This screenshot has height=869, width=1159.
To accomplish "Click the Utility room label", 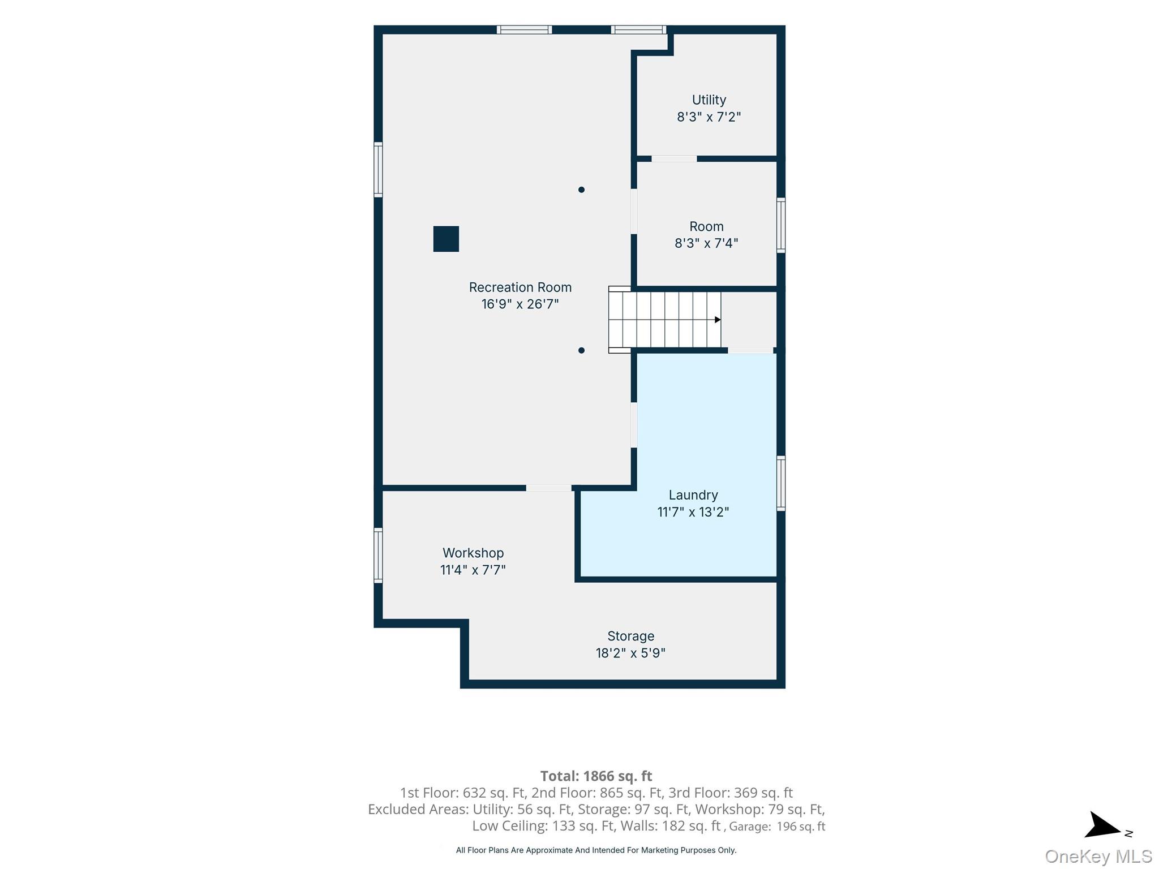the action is pos(709,100).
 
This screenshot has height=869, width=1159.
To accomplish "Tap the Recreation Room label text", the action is pos(520,287).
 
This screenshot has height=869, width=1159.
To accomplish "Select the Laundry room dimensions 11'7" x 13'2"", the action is pos(693,512).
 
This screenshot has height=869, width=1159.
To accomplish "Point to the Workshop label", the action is pos(473,553).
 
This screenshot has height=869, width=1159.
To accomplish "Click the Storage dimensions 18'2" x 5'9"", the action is pos(630,653).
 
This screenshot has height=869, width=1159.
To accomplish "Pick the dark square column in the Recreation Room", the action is pos(446,239).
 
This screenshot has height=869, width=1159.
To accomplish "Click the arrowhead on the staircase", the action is pos(718,320).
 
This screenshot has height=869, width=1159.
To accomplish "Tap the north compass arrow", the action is pos(1104,827).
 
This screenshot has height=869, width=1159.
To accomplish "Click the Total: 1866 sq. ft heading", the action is pos(596,776).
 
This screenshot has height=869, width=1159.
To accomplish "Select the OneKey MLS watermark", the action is pos(1098,856).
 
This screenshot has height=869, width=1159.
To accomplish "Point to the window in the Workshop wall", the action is pos(378,555).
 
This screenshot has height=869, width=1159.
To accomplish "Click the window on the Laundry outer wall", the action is pos(781,483).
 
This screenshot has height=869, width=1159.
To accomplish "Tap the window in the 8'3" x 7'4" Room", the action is pos(781,225).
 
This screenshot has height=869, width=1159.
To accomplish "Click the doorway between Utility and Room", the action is pos(674,159).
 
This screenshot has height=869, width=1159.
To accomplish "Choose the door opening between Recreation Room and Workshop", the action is pos(548,488).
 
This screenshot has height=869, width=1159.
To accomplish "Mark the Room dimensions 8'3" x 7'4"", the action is pos(706,243).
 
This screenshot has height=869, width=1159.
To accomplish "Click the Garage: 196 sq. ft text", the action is pos(777,827).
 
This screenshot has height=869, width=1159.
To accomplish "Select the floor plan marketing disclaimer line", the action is pos(596,850).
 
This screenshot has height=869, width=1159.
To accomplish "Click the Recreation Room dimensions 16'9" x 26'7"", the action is pos(520,304).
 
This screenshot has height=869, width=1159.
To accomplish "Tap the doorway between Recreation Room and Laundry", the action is pos(634,425).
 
